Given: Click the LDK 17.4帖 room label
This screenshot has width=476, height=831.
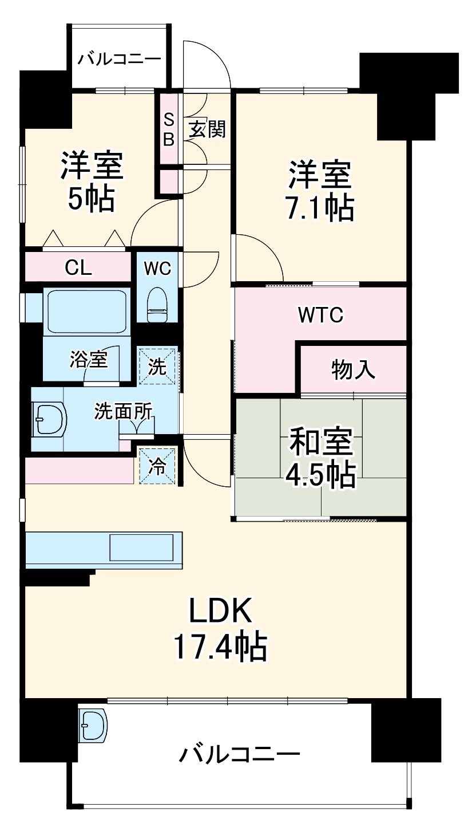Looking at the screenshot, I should pyautogui.click(x=220, y=630).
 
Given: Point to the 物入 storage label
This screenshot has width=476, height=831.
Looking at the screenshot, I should pyautogui.click(x=353, y=371).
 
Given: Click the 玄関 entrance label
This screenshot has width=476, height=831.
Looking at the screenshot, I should pyautogui.click(x=207, y=129).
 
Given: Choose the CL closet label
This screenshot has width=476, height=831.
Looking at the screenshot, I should pyautogui.click(x=78, y=267).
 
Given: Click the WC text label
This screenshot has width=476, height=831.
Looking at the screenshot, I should pyautogui.click(x=157, y=267).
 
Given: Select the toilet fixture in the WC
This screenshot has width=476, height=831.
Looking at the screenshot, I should pyautogui.click(x=156, y=305).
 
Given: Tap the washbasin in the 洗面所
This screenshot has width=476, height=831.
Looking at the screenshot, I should pyautogui.click(x=49, y=421).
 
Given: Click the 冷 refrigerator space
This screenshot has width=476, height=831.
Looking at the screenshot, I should pyautogui.click(x=157, y=466).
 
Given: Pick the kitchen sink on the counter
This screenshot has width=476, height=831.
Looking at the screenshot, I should pyautogui.click(x=141, y=548).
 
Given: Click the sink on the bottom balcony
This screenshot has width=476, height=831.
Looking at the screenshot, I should pyautogui.click(x=92, y=726).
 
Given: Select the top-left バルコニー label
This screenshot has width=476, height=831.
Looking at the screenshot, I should pyautogui.click(x=120, y=58).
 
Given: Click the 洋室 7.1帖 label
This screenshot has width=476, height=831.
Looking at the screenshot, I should pyautogui.click(x=319, y=191).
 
